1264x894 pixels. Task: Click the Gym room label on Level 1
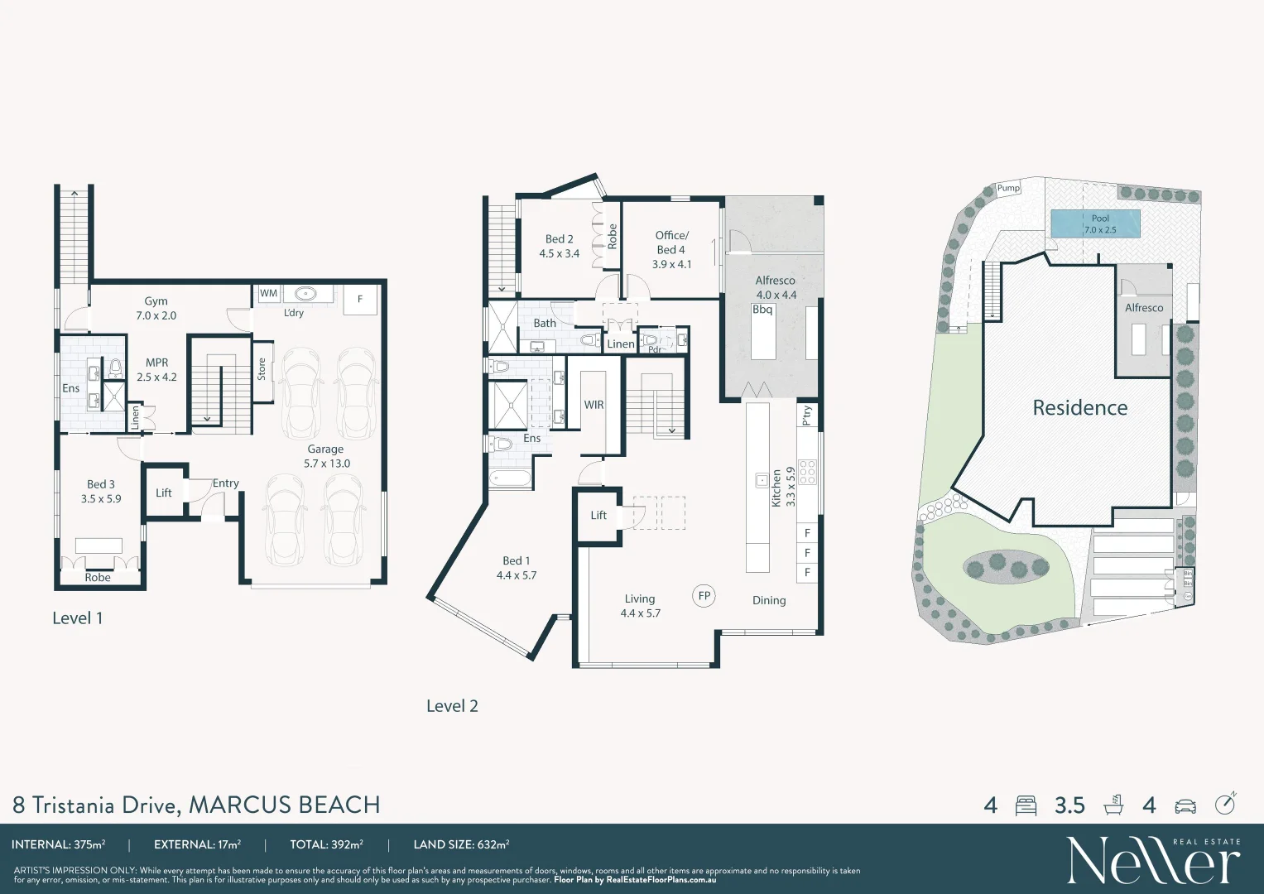[x=156, y=302]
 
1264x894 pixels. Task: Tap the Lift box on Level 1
[x=164, y=493]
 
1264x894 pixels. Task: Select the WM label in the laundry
[x=268, y=293]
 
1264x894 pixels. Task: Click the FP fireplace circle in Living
[x=704, y=595]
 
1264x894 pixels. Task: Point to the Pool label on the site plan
[x=1099, y=219]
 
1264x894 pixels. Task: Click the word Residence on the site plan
[x=1079, y=407]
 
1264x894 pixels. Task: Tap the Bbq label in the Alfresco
[x=762, y=310]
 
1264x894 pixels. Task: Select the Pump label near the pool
[x=1007, y=188]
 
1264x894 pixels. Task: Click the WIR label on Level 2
[x=594, y=405]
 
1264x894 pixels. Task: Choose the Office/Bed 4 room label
[x=671, y=243]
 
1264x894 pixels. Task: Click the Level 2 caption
[x=452, y=706]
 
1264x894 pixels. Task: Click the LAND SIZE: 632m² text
[x=461, y=844]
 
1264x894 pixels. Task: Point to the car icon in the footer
[x=1185, y=805]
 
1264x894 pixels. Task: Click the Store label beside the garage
[x=262, y=369]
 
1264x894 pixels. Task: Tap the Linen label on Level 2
[x=620, y=344]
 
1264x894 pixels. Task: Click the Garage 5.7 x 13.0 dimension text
[x=326, y=464]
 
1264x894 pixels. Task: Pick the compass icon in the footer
[x=1225, y=804]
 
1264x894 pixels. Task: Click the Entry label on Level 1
[x=225, y=483]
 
